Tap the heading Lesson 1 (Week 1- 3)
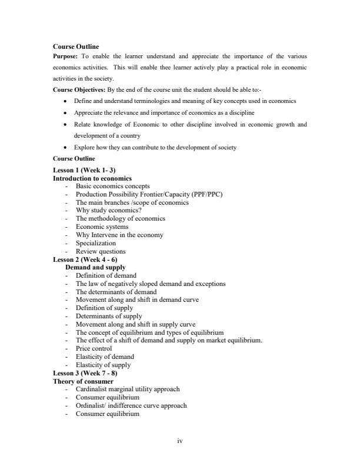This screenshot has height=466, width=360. tap(84, 171)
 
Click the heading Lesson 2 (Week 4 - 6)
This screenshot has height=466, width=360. tap(86, 259)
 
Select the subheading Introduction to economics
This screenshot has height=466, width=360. tap(92, 178)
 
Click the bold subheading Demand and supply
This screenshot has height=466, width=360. tap(95, 267)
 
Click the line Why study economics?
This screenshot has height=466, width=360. tap(109, 210)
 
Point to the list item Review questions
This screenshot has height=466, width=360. tap(101, 251)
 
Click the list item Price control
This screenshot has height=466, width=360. tap(94, 348)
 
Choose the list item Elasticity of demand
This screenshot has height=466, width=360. tap(105, 357)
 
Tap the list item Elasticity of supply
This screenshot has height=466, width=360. tap(104, 365)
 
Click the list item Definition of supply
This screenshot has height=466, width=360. tap(105, 308)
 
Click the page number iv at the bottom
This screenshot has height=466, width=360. tap(180, 440)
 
